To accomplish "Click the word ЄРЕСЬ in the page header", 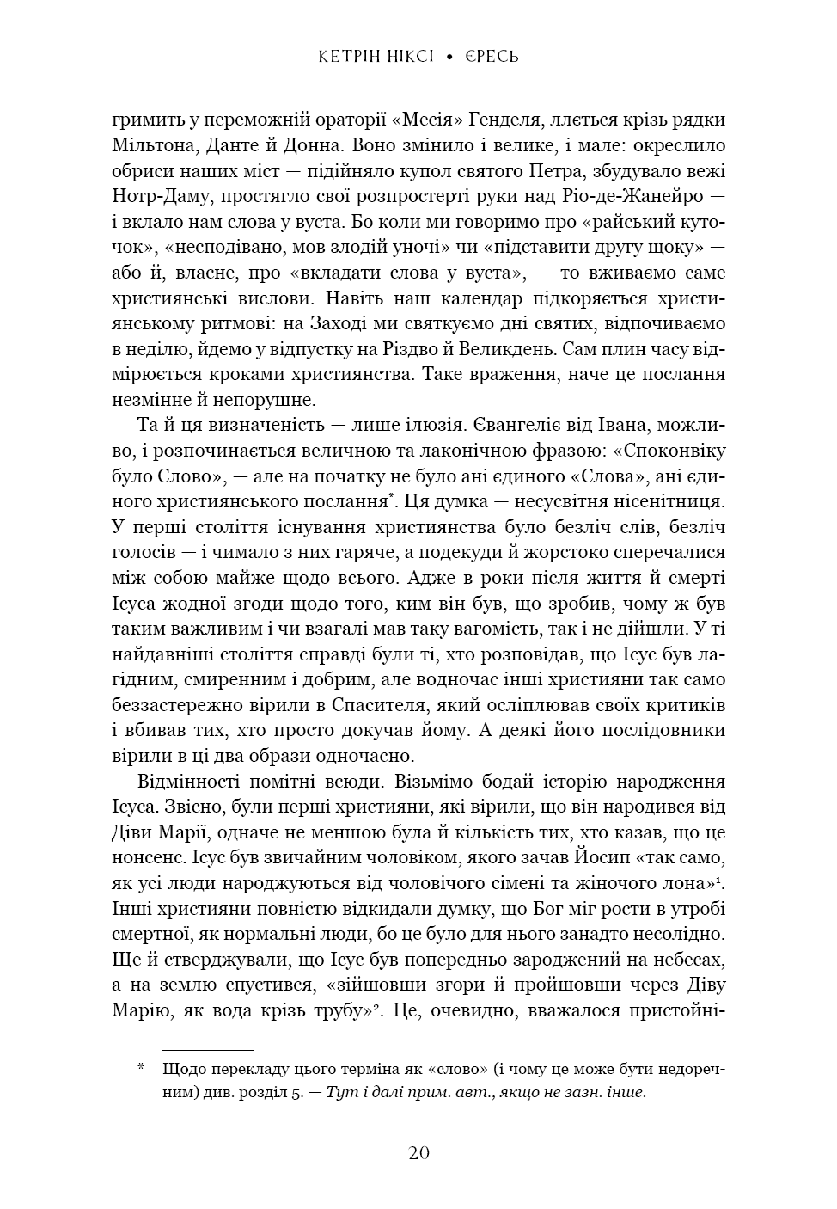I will click(492, 57).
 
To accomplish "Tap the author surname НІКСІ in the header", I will click(406, 57).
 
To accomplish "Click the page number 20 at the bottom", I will click(418, 1153).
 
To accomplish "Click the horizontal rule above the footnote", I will click(208, 1050).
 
